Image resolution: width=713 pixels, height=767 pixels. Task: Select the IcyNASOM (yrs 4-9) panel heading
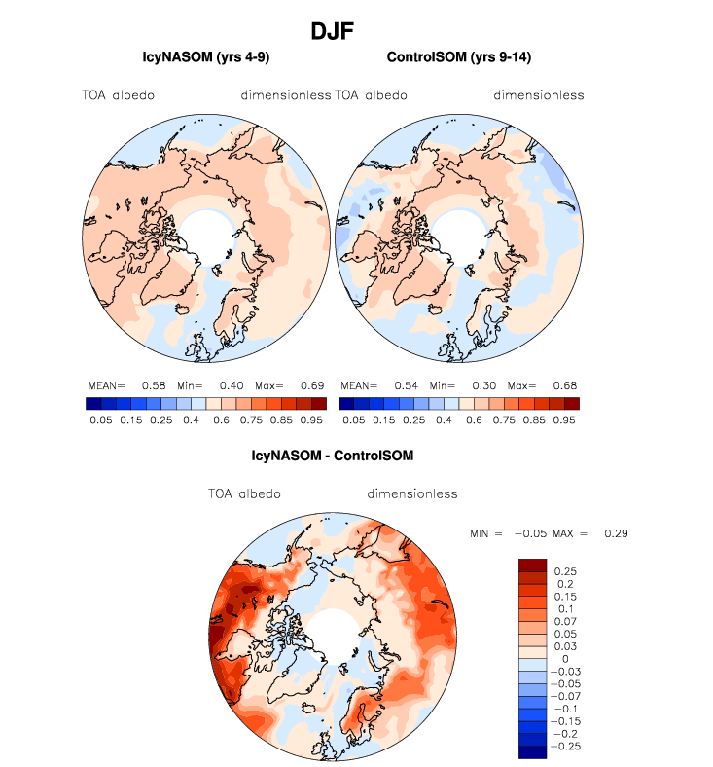pos(205,58)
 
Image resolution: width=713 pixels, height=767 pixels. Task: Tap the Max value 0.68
pos(557,386)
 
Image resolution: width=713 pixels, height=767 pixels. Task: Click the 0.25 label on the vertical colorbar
pos(565,570)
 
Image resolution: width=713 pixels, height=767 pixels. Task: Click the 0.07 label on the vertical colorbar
pos(565,620)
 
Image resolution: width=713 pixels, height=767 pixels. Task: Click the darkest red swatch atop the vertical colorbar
pos(533,565)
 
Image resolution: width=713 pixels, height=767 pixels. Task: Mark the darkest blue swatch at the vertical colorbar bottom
pos(533,750)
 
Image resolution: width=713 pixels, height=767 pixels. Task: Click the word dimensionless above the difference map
pos(412,493)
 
